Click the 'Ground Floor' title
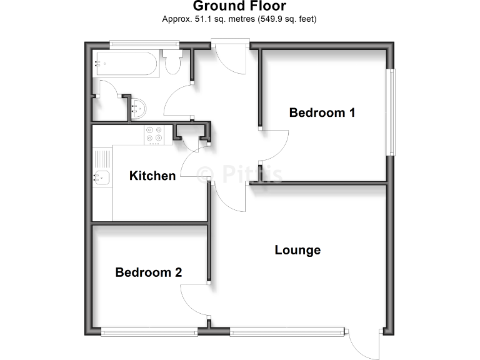[239, 6]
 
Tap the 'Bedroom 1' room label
[322, 112]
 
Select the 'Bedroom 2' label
[149, 272]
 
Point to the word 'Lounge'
[297, 250]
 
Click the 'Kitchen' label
[152, 176]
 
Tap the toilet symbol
[172, 64]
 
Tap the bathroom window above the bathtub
[144, 44]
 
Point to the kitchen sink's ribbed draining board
[102, 159]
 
